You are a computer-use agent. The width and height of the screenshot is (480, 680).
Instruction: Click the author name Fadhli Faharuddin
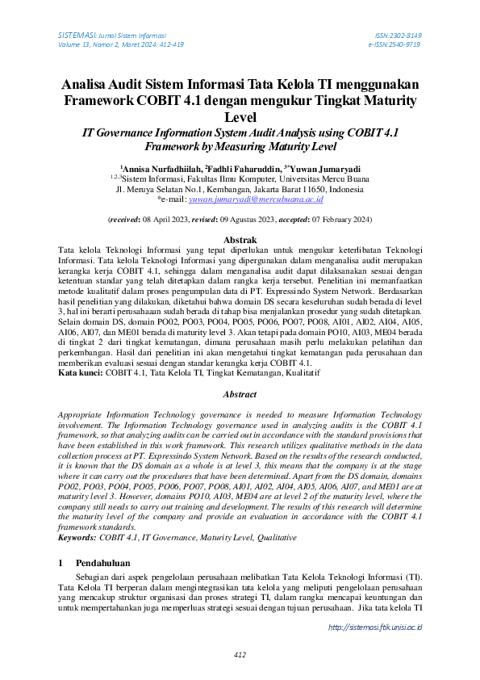point(240,168)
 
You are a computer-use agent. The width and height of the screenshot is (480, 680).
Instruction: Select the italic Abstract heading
point(240,395)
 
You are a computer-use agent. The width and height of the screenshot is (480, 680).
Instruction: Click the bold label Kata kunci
point(80,375)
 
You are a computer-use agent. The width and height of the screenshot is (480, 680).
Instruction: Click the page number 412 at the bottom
point(240,654)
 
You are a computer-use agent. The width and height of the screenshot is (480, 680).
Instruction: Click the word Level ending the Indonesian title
point(240,118)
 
